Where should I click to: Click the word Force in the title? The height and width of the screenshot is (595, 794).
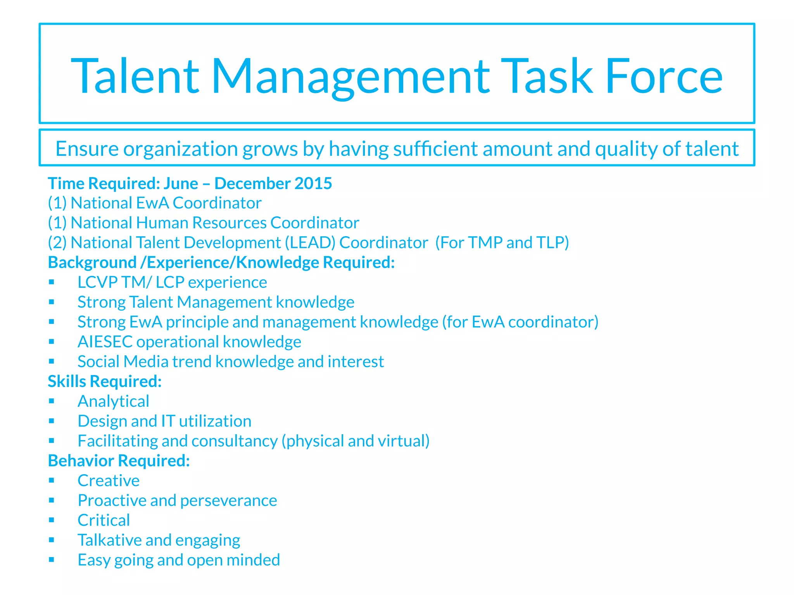[x=664, y=76]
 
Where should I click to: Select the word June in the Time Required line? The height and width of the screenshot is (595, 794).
[x=181, y=183]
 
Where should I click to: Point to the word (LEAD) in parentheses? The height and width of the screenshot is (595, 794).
[x=310, y=242]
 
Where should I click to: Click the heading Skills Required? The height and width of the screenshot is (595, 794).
[x=105, y=381]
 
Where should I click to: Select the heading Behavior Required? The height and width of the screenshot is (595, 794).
[x=119, y=461]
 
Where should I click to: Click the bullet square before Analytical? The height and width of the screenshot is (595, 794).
[x=52, y=401]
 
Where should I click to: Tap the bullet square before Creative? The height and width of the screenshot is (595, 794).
[x=52, y=480]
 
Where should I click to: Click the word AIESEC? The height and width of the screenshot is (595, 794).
[x=105, y=342]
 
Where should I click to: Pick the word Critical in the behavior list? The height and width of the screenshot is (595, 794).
[x=104, y=520]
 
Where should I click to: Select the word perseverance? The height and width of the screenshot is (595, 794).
[x=229, y=500]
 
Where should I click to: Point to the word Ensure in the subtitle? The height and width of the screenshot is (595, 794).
[x=87, y=149]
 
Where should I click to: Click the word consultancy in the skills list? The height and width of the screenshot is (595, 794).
[x=234, y=441]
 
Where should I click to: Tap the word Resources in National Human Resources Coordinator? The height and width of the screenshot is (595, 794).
[x=229, y=223]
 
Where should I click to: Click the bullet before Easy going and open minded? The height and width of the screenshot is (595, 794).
[x=52, y=559]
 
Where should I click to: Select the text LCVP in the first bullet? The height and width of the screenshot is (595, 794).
[x=97, y=282]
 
